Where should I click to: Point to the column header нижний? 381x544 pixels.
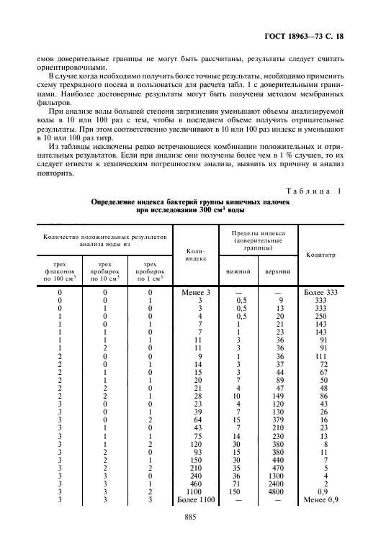(246, 272)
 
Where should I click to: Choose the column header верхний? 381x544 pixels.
(277, 272)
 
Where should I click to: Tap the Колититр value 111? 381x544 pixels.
(317, 356)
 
